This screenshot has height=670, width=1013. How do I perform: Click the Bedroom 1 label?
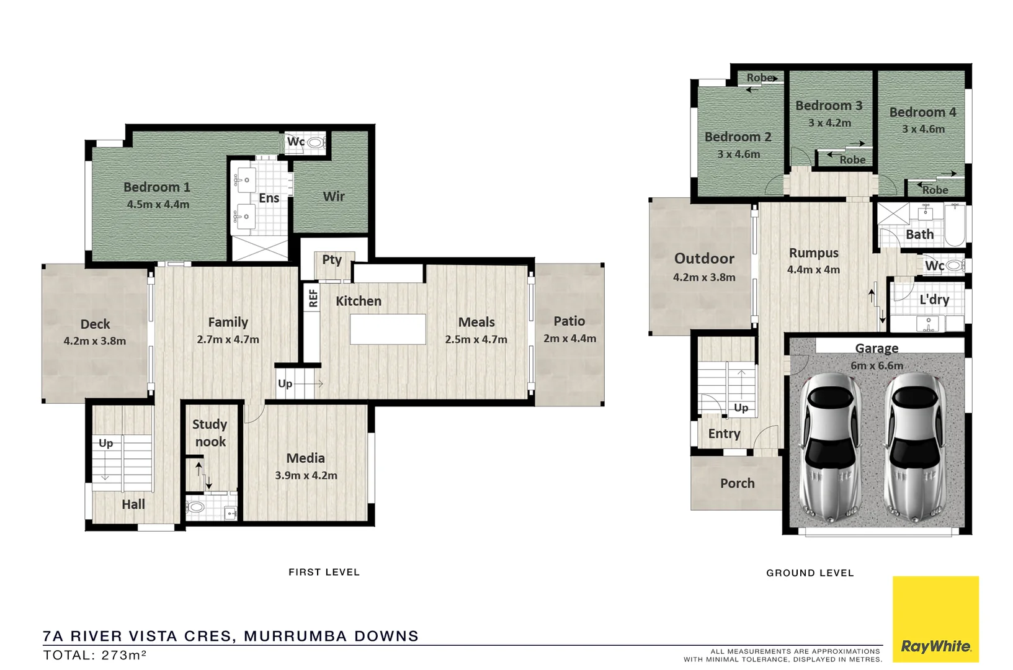click(x=156, y=187)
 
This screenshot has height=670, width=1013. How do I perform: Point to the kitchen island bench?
click(x=388, y=329)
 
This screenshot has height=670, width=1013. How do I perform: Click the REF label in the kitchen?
click(x=313, y=298)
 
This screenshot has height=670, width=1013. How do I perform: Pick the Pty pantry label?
click(x=332, y=259)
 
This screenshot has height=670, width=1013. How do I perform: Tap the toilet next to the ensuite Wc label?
click(x=316, y=142)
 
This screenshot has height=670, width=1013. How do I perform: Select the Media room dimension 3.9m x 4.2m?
click(x=306, y=475)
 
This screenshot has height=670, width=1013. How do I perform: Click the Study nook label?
click(x=210, y=433)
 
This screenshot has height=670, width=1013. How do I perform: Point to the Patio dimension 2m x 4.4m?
click(x=569, y=338)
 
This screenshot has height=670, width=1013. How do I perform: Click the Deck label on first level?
click(x=95, y=324)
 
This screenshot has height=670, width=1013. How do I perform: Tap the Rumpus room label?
click(x=813, y=253)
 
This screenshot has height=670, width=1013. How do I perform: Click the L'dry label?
click(x=934, y=300)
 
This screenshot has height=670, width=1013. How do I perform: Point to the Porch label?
click(x=737, y=483)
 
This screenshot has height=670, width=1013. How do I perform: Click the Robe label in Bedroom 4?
click(x=935, y=190)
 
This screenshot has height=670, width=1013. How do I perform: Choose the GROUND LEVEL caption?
click(x=810, y=573)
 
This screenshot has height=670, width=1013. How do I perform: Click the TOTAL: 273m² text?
click(x=94, y=655)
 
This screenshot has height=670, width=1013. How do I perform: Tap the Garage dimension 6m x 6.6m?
click(x=877, y=365)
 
